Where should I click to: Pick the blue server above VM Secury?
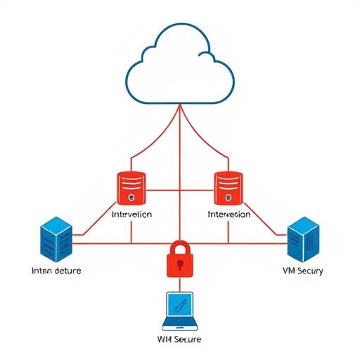pos(304,237)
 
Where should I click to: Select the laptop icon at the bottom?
pos(180,311)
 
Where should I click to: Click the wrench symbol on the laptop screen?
pos(180,306)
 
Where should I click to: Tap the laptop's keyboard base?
pos(180,326)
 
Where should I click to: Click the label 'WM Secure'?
pos(179,340)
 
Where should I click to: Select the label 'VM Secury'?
pos(302,271)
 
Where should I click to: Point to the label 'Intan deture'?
pos(56,270)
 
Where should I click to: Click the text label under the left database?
pos(131,214)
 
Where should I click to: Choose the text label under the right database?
pos(229,214)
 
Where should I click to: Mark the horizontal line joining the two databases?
pos(180,189)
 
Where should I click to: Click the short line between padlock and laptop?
pos(180,285)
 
